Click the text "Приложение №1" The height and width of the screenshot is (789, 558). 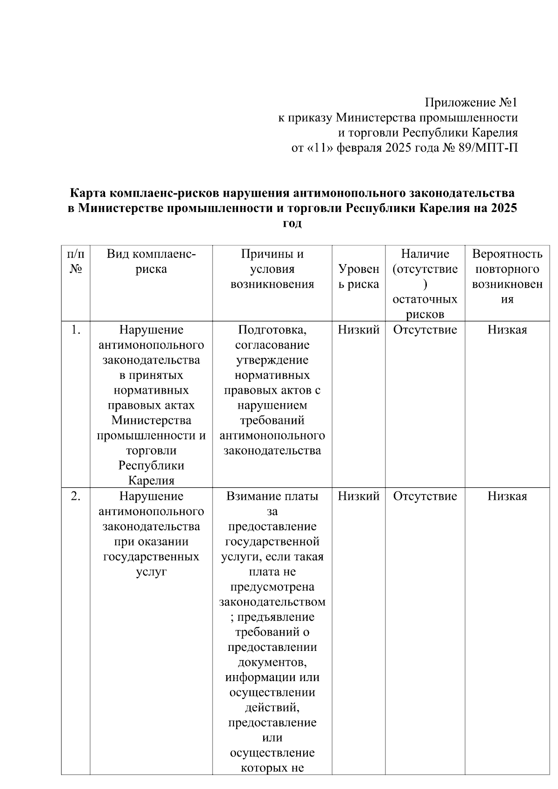coord(471,103)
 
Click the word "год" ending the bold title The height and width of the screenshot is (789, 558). coord(292,223)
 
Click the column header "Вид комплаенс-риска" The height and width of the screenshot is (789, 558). coord(151,261)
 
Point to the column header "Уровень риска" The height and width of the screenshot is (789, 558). coord(359,277)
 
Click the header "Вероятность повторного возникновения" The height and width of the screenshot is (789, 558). coord(507,276)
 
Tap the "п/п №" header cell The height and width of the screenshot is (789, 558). coord(76,261)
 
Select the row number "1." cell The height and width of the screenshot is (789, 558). coord(76,330)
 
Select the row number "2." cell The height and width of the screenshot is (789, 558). coord(76,496)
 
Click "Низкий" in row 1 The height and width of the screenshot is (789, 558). coord(359,330)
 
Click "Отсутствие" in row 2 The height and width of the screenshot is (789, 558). coord(425,496)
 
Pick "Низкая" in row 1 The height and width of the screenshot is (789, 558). coord(507,330)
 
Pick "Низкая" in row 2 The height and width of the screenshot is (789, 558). coord(507,496)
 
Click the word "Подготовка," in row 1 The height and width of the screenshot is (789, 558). coord(272,330)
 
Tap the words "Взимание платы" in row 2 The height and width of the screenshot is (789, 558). coord(272,496)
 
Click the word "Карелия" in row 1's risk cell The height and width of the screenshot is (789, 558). coord(151,480)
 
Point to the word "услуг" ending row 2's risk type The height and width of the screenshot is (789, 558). coord(151,572)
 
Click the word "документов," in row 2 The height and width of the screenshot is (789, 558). coord(272,662)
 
